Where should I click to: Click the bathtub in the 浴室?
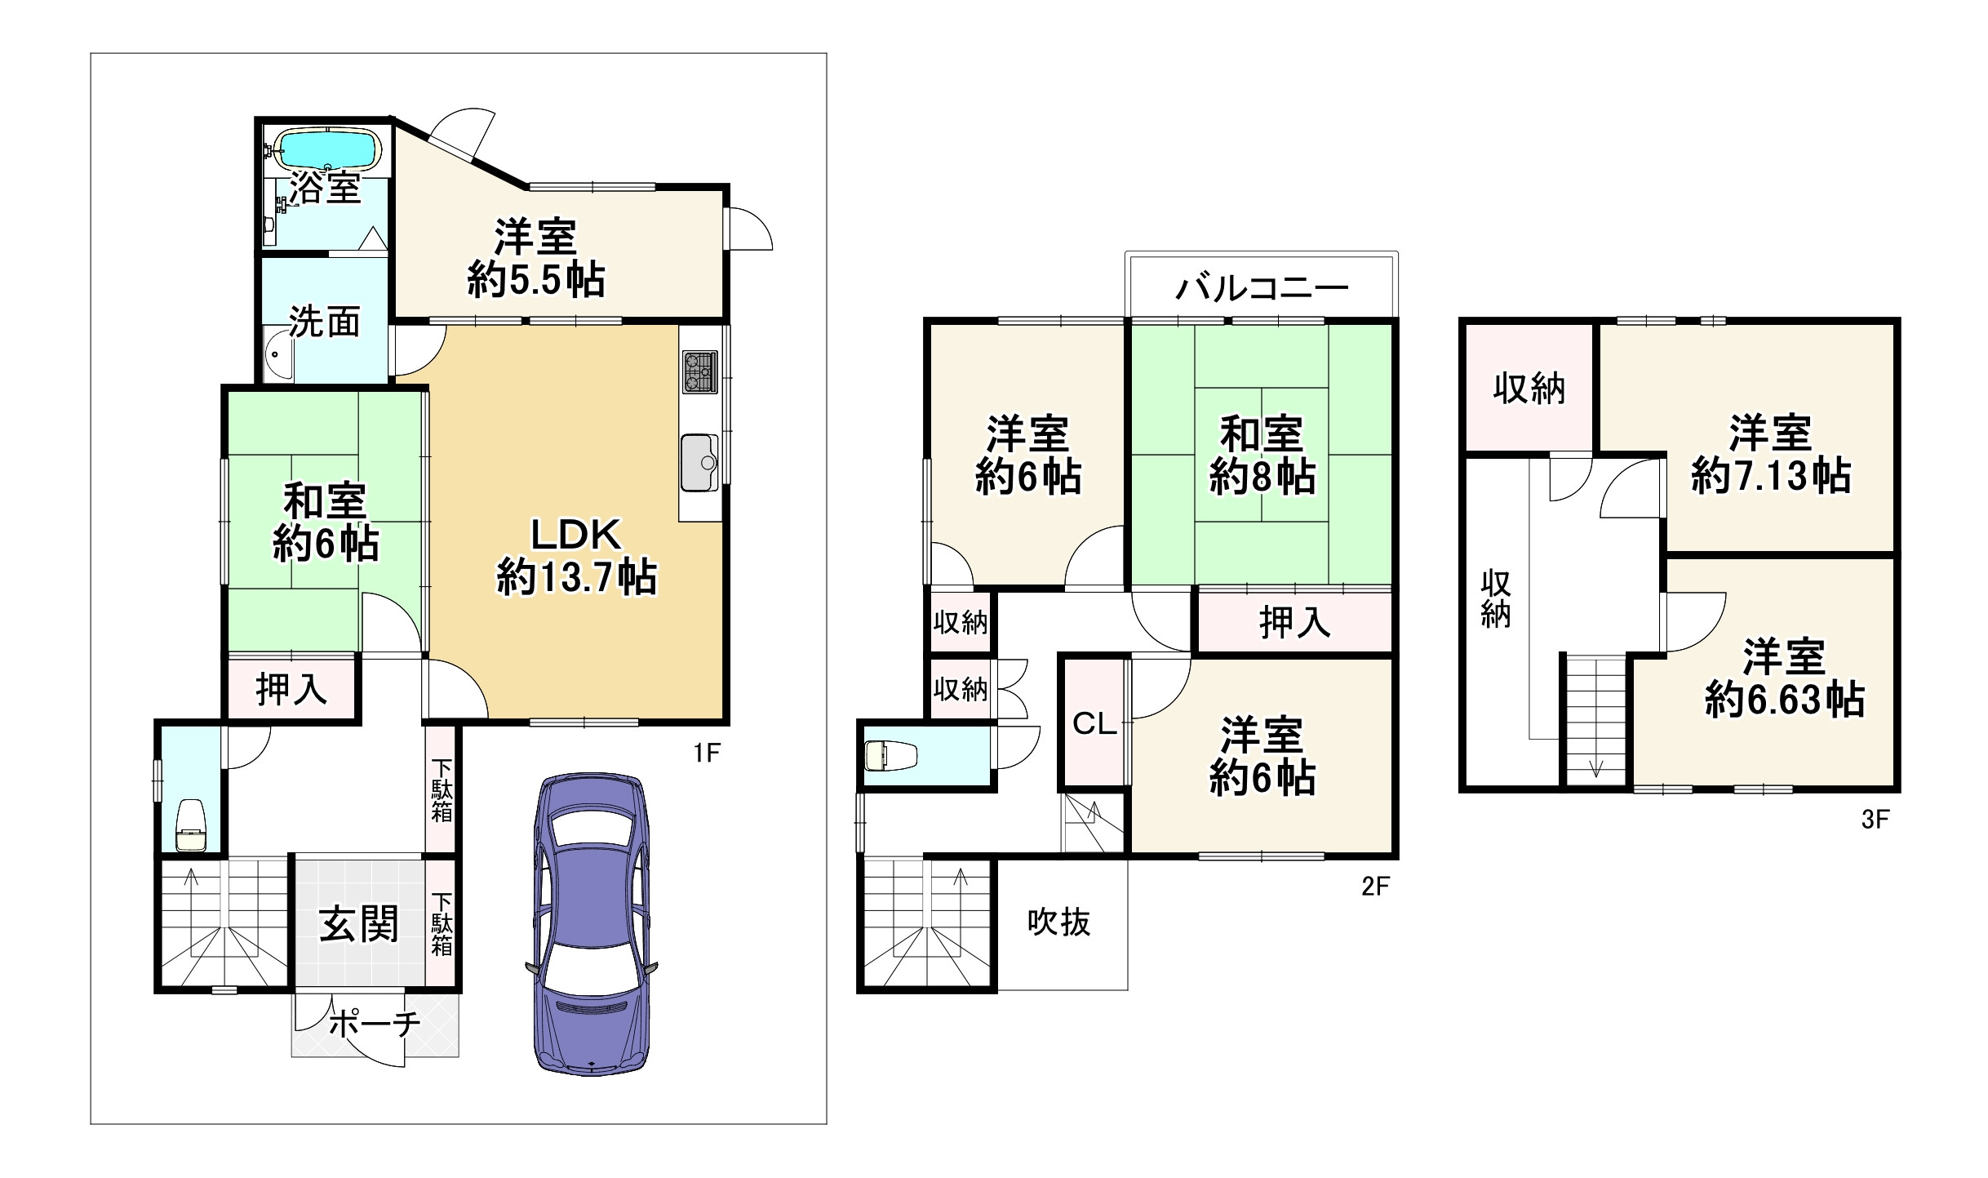click(328, 150)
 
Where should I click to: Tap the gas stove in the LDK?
click(699, 371)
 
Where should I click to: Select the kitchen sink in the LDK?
click(699, 463)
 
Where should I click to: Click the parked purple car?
click(592, 923)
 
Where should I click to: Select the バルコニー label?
click(1262, 288)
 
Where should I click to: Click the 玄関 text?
click(359, 925)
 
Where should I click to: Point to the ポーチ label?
click(375, 1023)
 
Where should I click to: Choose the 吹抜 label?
click(1058, 922)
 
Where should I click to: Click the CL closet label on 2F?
click(1094, 723)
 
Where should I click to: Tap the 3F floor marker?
click(1875, 819)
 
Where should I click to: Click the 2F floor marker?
click(1375, 886)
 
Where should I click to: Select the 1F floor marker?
click(707, 752)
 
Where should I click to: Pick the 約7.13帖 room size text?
click(1770, 475)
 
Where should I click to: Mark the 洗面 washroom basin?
click(277, 360)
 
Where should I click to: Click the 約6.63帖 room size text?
click(1784, 700)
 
